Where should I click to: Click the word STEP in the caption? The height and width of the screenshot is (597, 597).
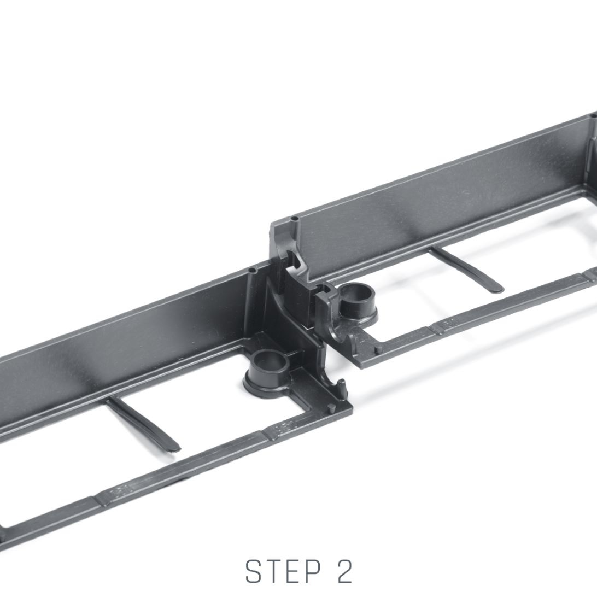point(283,571)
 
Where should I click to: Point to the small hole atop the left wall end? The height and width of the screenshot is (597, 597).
point(253,271)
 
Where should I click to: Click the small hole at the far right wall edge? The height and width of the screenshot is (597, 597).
point(593,115)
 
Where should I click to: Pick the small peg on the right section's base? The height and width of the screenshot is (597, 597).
point(378,349)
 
